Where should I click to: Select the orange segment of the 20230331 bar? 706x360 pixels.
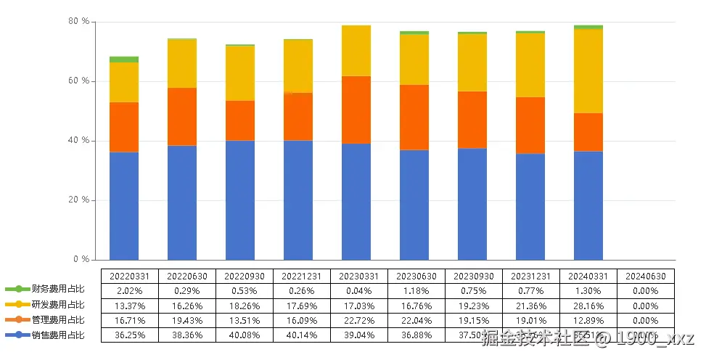[356, 110]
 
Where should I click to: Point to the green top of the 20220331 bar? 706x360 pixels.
[124, 60]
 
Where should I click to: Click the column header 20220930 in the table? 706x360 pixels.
[245, 276]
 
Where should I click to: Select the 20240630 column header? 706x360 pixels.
[646, 276]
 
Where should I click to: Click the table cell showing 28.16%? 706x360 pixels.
[588, 306]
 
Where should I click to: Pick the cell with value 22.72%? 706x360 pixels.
[359, 320]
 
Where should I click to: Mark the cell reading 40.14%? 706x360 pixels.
[302, 335]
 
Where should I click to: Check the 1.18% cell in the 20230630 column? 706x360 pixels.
[416, 290]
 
